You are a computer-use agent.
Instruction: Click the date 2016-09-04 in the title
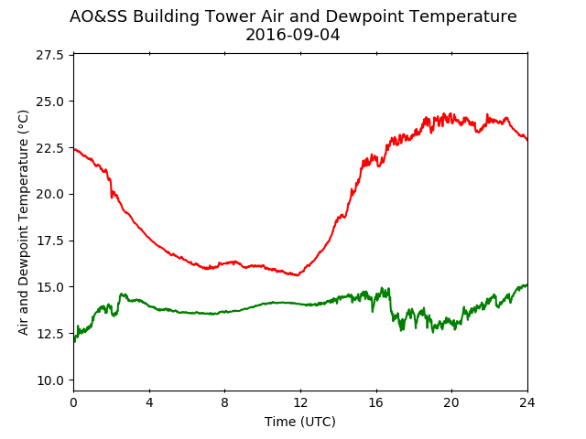tap(293, 35)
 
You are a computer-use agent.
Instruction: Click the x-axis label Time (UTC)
tap(300, 422)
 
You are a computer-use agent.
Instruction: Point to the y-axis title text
tap(23, 222)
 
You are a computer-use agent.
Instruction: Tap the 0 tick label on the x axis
tap(73, 402)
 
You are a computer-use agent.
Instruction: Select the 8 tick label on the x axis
tap(224, 402)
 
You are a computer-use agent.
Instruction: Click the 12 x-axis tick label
tap(300, 402)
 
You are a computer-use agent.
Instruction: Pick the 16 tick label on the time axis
tap(376, 402)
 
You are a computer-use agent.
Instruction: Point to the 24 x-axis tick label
tap(527, 402)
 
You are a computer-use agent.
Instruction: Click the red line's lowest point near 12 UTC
tap(298, 275)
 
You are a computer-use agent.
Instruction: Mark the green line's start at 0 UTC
tap(74, 341)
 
